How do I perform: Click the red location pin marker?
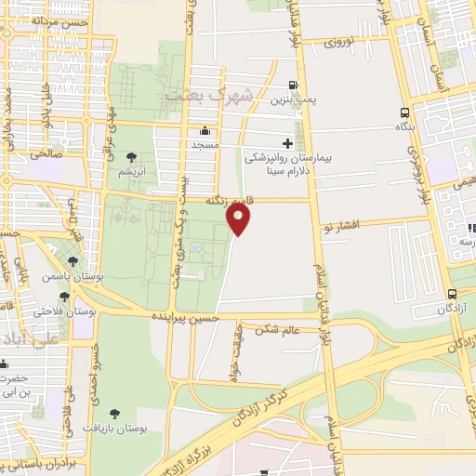pyautogui.click(x=239, y=219)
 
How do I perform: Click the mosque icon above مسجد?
pyautogui.click(x=205, y=131)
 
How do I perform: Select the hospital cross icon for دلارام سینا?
pyautogui.click(x=287, y=144)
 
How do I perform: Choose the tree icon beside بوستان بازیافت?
pyautogui.click(x=115, y=414)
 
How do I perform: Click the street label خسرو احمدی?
pyautogui.click(x=95, y=371)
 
